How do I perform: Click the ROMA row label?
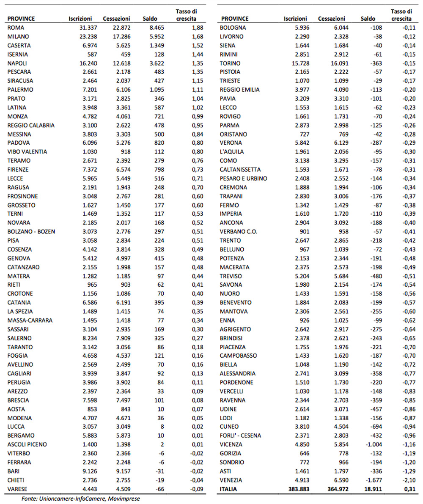15,27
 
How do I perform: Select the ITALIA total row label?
229,489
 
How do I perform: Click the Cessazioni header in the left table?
116,19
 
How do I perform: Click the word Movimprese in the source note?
125,499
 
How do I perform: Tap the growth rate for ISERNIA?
198,54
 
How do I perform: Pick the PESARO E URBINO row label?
243,178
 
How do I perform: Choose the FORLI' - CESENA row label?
240,435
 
